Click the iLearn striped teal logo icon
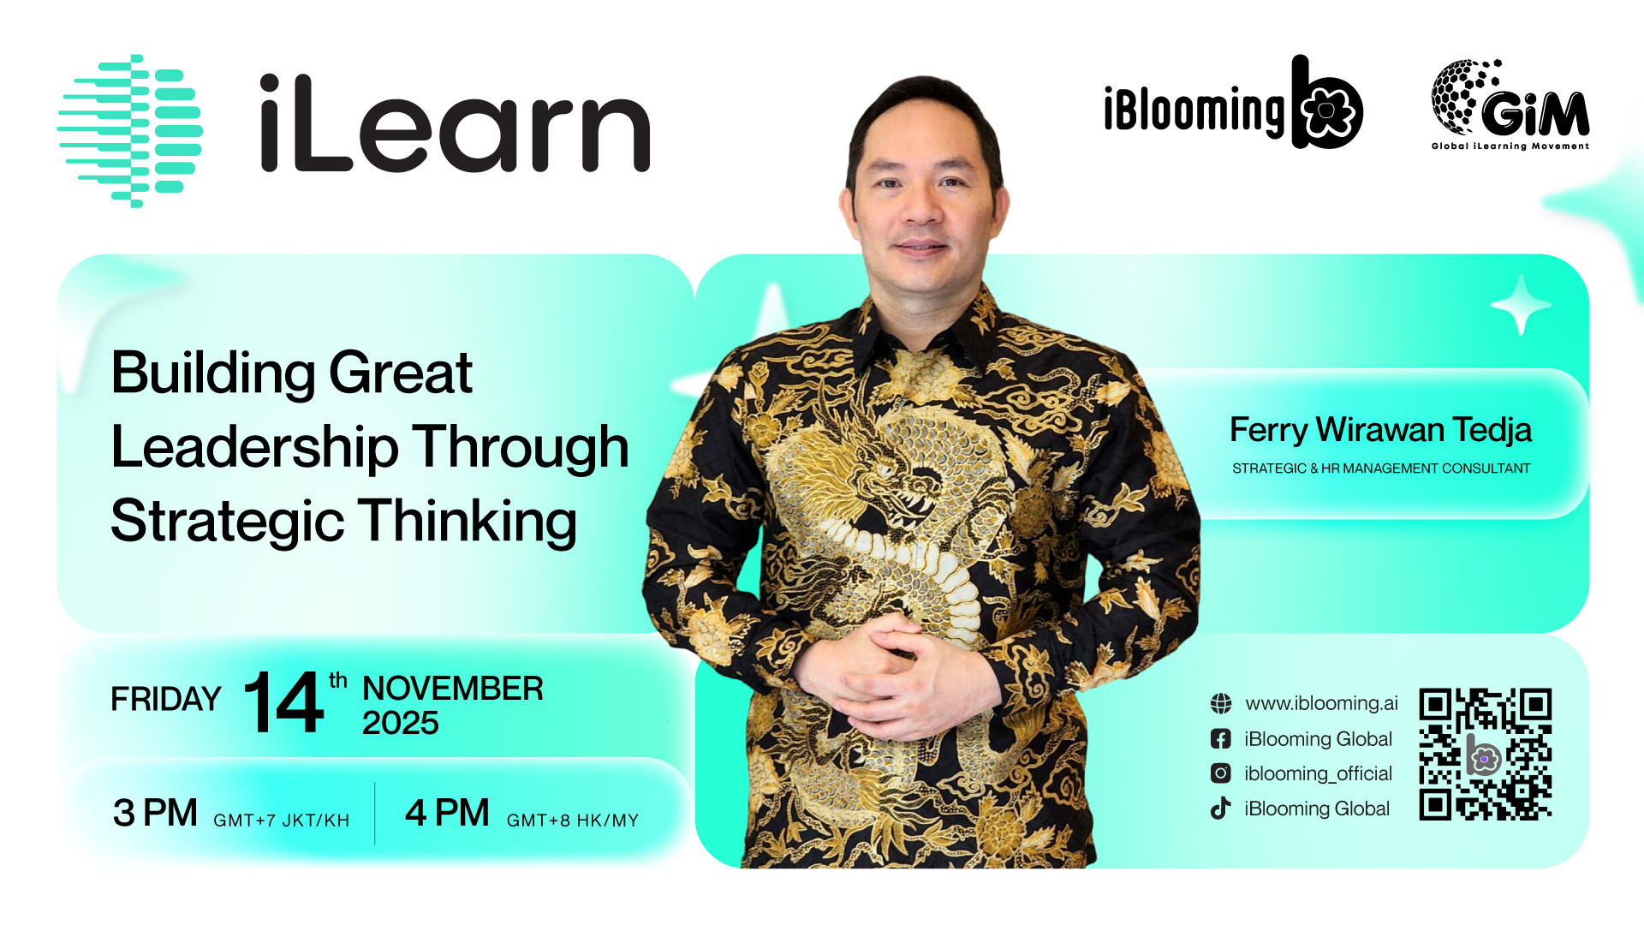130,131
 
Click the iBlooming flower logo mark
1327,103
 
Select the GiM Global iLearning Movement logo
1510,104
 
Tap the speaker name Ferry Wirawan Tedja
1380,430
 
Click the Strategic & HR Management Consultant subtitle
1381,468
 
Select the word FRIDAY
166,700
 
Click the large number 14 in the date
283,702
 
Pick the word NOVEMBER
453,689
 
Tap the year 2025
401,724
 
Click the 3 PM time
155,813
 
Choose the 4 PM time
447,813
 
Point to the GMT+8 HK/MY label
573,821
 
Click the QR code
1486,755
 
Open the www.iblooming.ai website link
1321,703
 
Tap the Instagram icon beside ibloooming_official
1221,773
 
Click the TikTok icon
1220,808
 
